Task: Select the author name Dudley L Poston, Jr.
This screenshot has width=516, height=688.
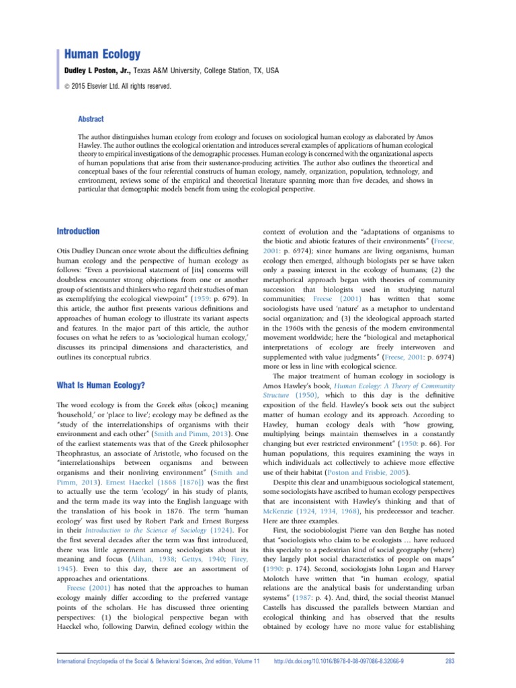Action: coord(99,70)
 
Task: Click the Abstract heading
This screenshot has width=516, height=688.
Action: coord(91,119)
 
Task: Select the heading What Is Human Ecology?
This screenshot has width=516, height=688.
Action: coord(98,386)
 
